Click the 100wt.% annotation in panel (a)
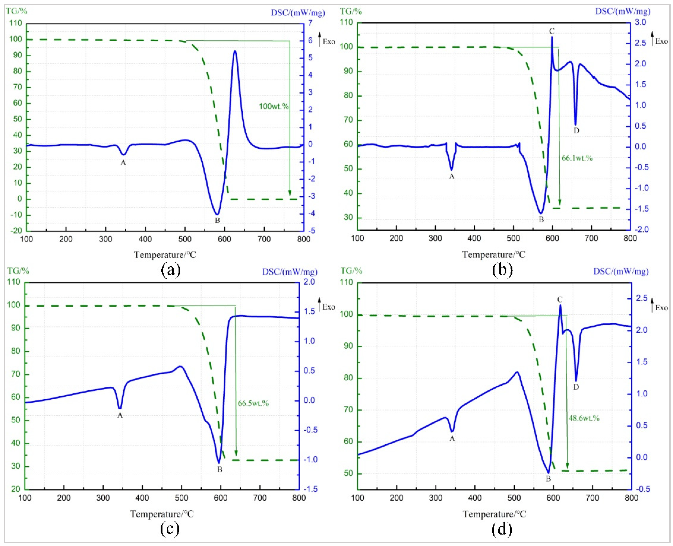pyautogui.click(x=274, y=106)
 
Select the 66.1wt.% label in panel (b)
pyautogui.click(x=577, y=158)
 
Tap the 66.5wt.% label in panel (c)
pyautogui.click(x=253, y=403)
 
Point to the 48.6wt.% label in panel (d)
pyautogui.click(x=584, y=418)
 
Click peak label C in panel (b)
pyautogui.click(x=551, y=31)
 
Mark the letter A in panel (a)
pyautogui.click(x=123, y=163)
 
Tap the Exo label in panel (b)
pyautogui.click(x=661, y=41)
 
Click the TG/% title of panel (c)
pyautogui.click(x=18, y=271)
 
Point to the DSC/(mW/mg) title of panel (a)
pyautogui.click(x=298, y=13)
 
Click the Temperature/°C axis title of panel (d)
pyautogui.click(x=494, y=514)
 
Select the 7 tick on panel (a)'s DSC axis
pyautogui.click(x=310, y=23)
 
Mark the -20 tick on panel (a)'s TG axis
pyautogui.click(x=16, y=230)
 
